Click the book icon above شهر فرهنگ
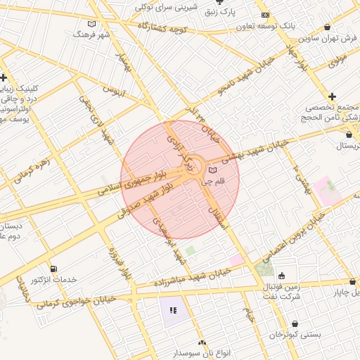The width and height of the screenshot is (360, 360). pyautogui.click(x=82, y=24)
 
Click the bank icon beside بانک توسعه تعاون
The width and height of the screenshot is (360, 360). pyautogui.click(x=265, y=15)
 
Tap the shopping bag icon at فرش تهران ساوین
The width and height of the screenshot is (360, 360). pyautogui.click(x=328, y=27)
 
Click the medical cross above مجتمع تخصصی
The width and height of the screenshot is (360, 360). pyautogui.click(x=332, y=96)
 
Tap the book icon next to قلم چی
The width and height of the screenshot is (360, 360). pyautogui.click(x=213, y=170)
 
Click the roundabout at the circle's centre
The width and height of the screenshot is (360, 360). pyautogui.click(x=195, y=167)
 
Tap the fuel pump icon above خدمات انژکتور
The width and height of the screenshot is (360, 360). pyautogui.click(x=54, y=269)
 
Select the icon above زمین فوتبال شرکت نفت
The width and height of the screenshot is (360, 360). pyautogui.click(x=282, y=276)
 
